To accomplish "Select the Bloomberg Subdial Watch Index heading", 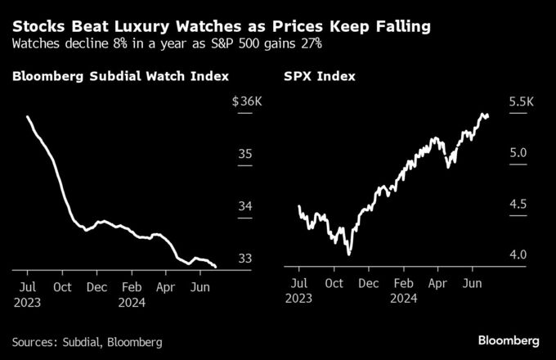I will tap(119, 77).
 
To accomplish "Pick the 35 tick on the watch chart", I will tap(244, 154).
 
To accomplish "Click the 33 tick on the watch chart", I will tap(244, 259).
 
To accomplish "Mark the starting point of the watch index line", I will tap(28, 117).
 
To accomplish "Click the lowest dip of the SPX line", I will tap(349, 254).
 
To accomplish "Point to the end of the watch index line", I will tap(215, 267).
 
